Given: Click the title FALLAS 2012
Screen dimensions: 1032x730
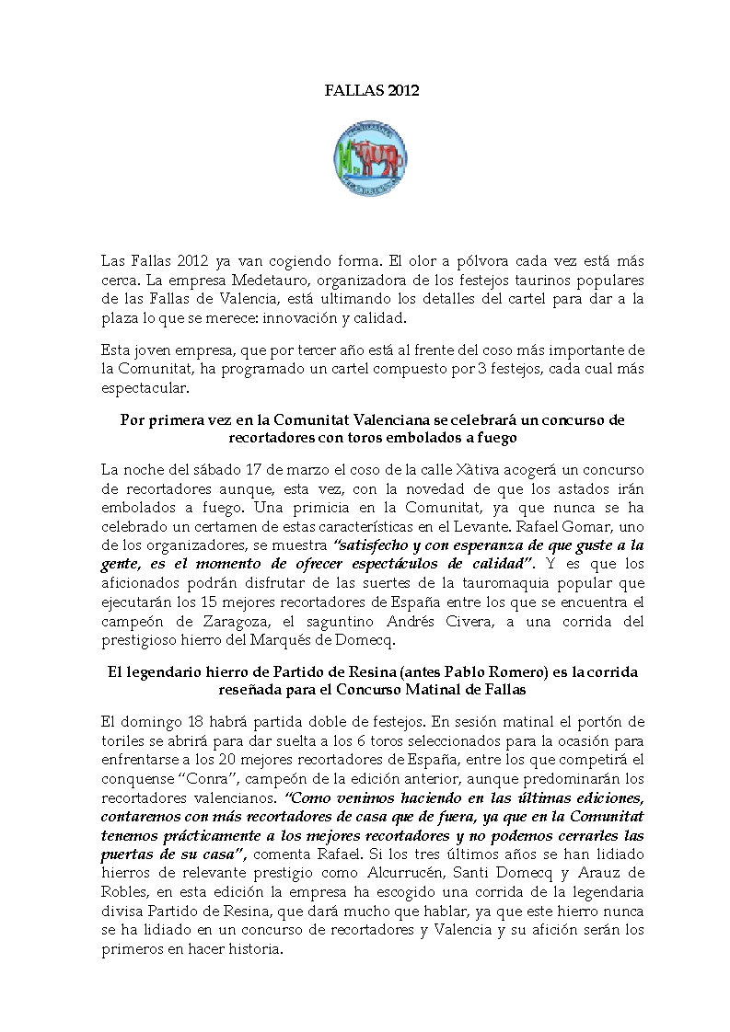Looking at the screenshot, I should tap(365, 90).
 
